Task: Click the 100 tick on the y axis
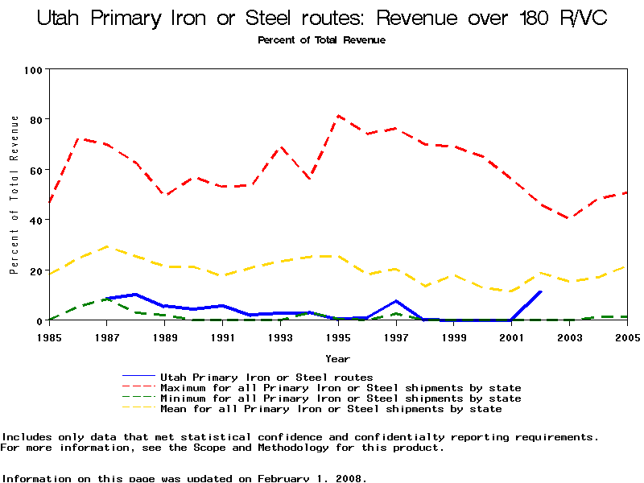pos(32,70)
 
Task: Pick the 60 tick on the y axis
pos(35,170)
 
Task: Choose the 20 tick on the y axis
pos(35,271)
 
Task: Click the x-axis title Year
pos(338,358)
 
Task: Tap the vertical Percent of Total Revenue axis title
pos(14,195)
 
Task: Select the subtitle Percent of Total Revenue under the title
pos(321,39)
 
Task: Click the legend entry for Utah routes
pos(266,377)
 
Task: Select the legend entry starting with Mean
pos(331,409)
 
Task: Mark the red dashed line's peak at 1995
pos(338,116)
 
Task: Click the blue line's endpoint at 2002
pos(541,291)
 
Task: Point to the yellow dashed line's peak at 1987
pos(107,246)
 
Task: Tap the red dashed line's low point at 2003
pos(570,218)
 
